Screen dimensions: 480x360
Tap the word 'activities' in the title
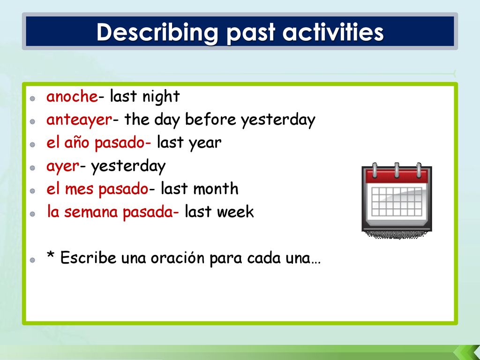[x=333, y=31]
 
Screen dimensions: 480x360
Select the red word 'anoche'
[x=72, y=97]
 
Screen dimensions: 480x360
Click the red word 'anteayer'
[x=79, y=120]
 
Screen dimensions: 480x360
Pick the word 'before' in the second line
[x=210, y=119]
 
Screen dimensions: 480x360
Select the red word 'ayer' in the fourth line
[x=63, y=167]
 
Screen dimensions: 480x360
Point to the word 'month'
[x=215, y=188]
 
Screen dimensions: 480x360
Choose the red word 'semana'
[x=91, y=212]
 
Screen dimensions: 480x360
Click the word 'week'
[x=235, y=212]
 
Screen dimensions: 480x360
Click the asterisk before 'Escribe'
[x=51, y=255]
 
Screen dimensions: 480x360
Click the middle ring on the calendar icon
[x=397, y=170]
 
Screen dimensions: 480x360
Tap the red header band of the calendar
[x=397, y=176]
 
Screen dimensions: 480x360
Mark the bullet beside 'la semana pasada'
[x=32, y=214]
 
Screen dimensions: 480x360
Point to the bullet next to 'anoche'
[x=32, y=98]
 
